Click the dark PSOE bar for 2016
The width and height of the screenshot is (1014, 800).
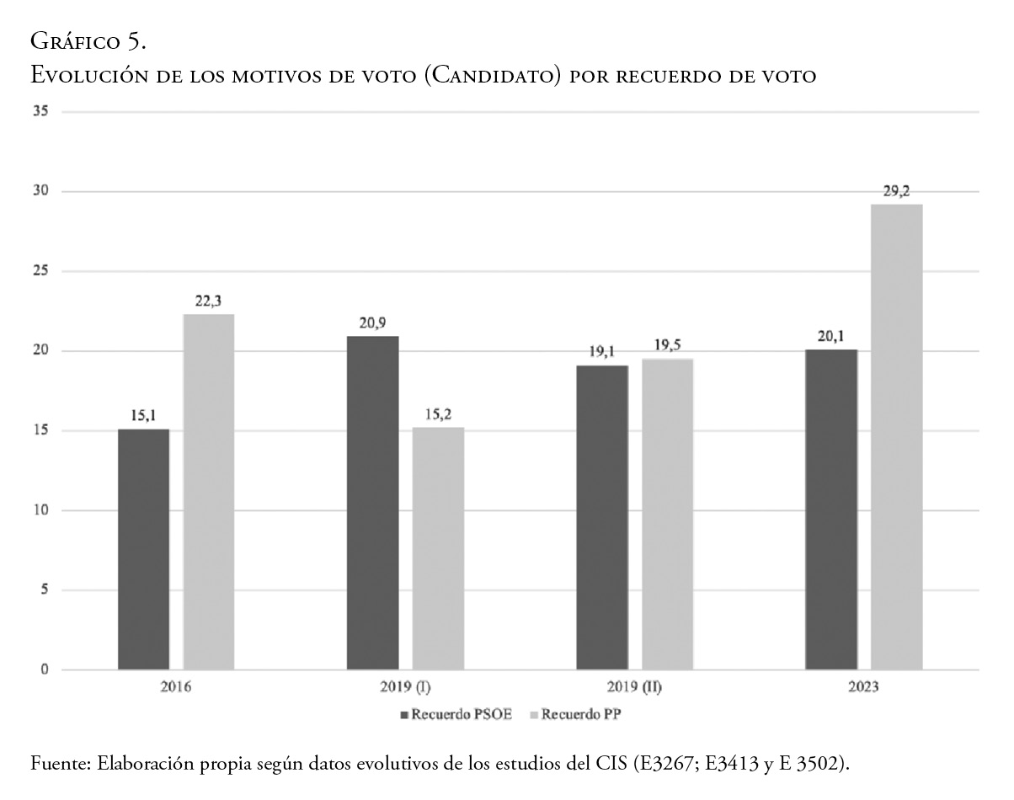coord(143,549)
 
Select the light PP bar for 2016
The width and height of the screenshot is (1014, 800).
coord(209,492)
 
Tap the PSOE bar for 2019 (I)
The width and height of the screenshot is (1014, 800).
coord(373,503)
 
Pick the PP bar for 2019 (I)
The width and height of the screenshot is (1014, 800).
coord(438,548)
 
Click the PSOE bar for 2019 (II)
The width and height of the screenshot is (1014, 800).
coord(602,517)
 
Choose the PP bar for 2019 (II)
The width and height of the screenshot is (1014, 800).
coord(667,514)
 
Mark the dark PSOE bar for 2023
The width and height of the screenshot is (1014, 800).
coord(831,509)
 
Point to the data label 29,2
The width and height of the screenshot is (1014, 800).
coord(896,193)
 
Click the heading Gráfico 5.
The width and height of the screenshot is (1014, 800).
coord(88,40)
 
